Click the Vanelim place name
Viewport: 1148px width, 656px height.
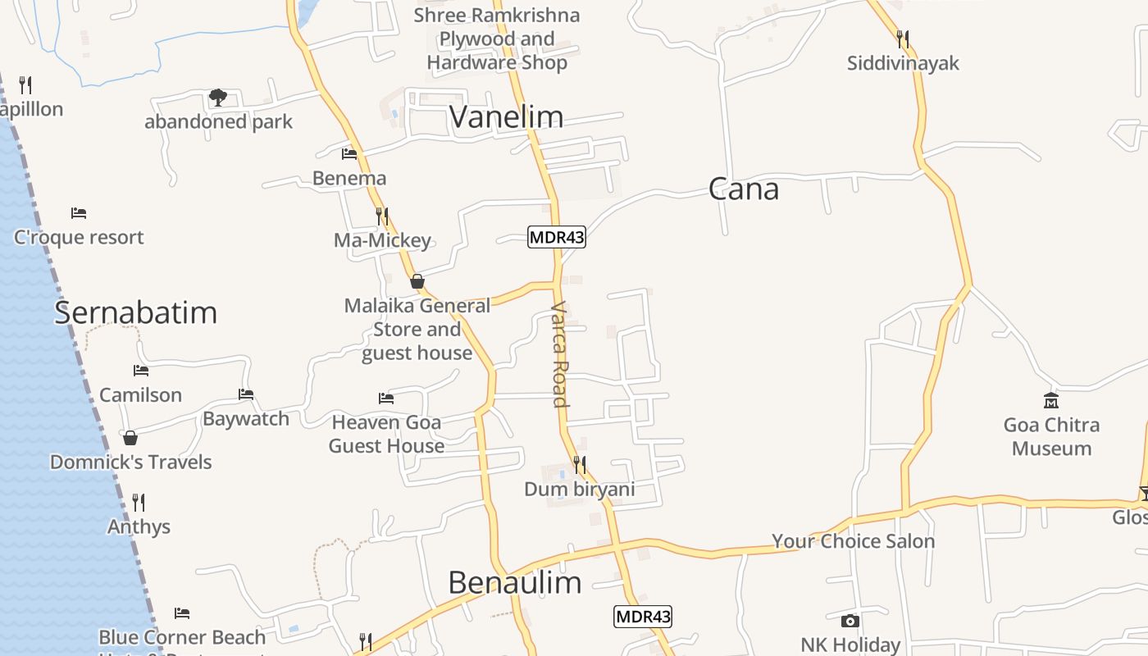[506, 117]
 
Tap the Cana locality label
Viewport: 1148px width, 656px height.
[743, 189]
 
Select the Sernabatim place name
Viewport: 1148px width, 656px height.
[136, 312]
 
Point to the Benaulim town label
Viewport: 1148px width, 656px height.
[515, 582]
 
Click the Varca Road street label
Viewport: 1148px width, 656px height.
[560, 354]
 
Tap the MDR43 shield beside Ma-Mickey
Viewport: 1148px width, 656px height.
[556, 238]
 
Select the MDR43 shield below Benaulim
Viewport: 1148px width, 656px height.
[643, 617]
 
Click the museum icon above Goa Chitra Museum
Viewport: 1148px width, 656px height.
[1051, 401]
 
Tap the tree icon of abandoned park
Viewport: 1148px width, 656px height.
[218, 98]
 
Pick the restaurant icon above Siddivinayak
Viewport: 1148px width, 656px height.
[903, 39]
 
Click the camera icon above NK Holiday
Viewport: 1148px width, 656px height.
[850, 621]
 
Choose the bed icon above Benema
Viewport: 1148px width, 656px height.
[349, 153]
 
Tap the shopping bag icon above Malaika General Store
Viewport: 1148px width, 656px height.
[417, 281]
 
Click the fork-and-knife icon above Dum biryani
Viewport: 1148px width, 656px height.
[580, 465]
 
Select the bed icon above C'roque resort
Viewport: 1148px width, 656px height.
[79, 213]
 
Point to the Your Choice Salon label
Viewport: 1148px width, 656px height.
[853, 541]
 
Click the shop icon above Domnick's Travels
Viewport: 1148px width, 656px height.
[130, 438]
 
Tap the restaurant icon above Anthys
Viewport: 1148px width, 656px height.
[139, 502]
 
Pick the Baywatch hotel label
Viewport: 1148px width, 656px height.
[246, 419]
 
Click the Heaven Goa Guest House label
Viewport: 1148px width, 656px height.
[387, 435]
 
